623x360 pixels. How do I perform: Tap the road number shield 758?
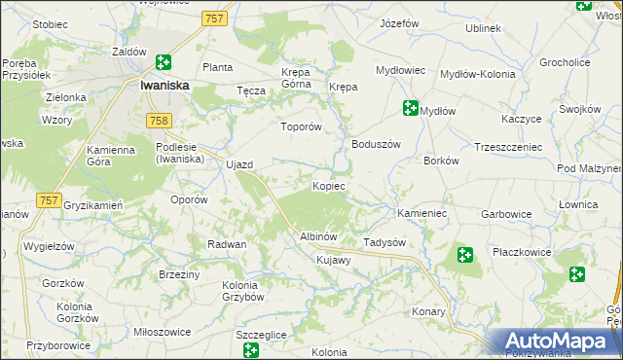coord(160,121)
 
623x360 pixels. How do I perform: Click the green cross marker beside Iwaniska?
coord(164,63)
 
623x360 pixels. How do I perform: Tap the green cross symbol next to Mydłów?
coord(410,109)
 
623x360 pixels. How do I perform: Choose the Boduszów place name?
coord(376,144)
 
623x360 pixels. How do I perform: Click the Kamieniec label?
coord(421,212)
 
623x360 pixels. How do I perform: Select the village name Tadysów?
coord(384,242)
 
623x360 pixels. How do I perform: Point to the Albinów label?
coord(318,236)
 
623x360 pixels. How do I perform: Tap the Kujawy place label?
coord(334,260)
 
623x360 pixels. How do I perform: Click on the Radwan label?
coord(227,244)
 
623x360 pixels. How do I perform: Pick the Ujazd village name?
coord(239,164)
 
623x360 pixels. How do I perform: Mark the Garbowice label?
coord(505,213)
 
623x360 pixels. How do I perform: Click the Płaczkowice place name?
coord(522,252)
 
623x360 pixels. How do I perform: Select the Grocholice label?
coord(566,62)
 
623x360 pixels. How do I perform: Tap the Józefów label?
coord(399,22)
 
